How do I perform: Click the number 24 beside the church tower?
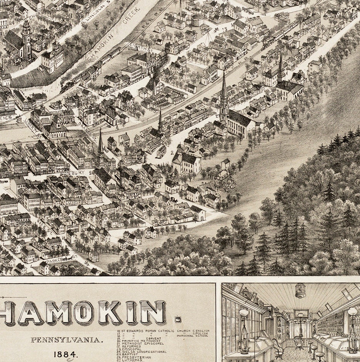coord(12,22)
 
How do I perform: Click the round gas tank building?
coord(197,20)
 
